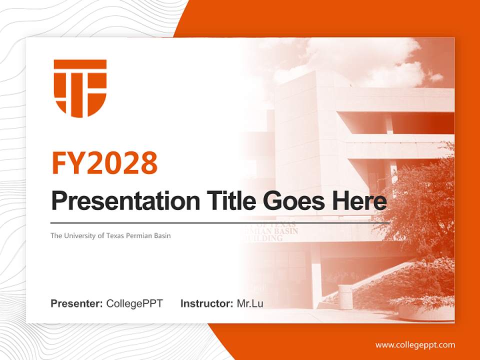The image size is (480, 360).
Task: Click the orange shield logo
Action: [x=80, y=88]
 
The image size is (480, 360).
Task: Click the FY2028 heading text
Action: [x=104, y=163]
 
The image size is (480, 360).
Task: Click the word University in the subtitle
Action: [x=80, y=235]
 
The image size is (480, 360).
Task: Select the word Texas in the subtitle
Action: [x=114, y=235]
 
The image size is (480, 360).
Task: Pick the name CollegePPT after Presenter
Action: [x=134, y=303]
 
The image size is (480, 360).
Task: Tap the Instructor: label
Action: [x=206, y=303]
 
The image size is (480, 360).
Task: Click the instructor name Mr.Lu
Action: [x=250, y=303]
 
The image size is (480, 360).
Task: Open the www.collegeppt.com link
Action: [x=415, y=345]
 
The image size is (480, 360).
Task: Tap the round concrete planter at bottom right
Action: [x=425, y=311]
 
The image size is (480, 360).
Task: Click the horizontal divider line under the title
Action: [x=220, y=222]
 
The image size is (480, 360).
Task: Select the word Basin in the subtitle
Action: [x=162, y=235]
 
